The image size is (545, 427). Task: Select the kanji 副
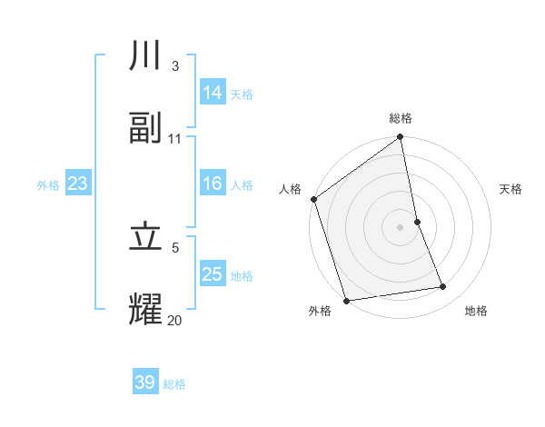[x=146, y=128]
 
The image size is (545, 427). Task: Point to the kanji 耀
[x=146, y=308]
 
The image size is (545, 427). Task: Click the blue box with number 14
[x=213, y=93]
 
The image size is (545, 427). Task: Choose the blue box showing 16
[x=213, y=184]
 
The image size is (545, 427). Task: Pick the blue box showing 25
[x=213, y=274]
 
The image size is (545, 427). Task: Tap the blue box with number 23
[x=78, y=184]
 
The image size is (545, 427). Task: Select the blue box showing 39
[x=145, y=382]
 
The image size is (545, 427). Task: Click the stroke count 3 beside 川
[x=174, y=66]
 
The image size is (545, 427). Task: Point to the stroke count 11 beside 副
[x=174, y=138]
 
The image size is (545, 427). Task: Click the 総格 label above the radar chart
[x=401, y=118]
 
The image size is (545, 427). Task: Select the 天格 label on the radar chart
[x=511, y=189]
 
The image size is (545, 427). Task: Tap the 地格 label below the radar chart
[x=476, y=311]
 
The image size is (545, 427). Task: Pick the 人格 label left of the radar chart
[x=290, y=189]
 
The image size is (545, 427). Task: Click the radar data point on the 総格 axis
[x=401, y=138]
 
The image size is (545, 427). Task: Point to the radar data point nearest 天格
[x=417, y=221]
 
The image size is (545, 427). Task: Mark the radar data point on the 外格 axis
[x=345, y=300]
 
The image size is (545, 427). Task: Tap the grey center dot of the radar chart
[x=401, y=226]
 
